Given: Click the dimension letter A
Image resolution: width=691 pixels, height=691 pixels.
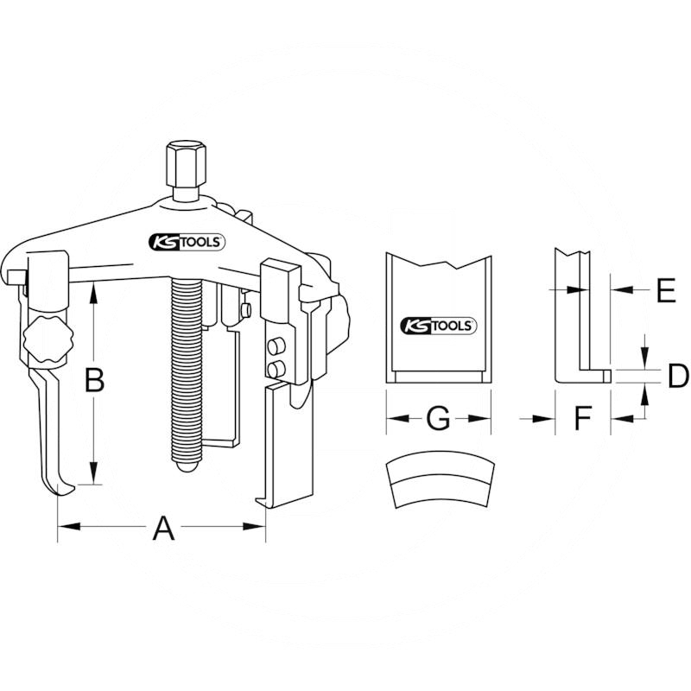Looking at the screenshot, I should pyautogui.click(x=162, y=527).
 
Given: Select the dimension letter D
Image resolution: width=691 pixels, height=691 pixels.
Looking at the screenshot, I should pyautogui.click(x=678, y=376).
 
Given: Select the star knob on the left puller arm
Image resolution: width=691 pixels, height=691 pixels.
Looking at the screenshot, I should pyautogui.click(x=48, y=339).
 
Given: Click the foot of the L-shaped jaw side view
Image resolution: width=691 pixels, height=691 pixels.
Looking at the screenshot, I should pyautogui.click(x=584, y=376).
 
